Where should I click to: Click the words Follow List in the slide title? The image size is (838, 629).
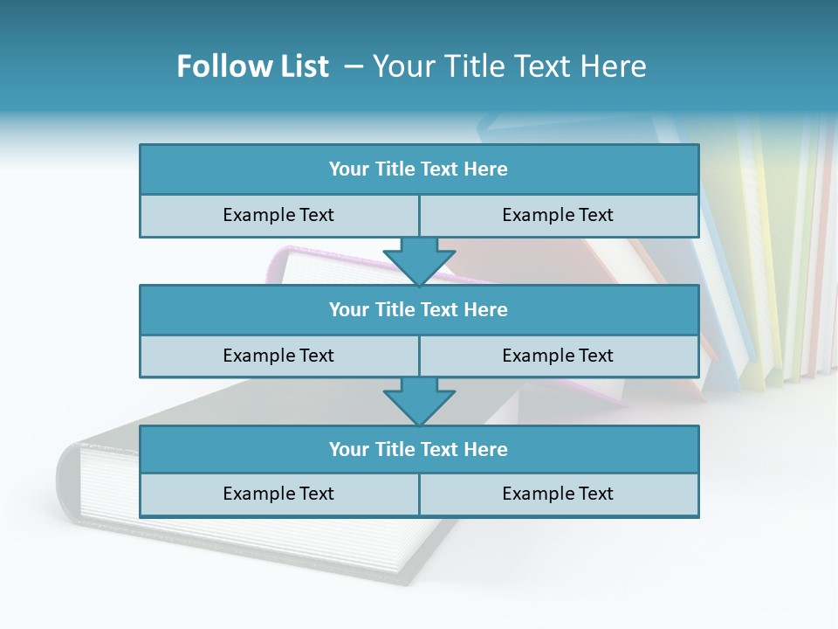(x=252, y=66)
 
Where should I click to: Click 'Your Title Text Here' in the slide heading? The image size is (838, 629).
(x=509, y=66)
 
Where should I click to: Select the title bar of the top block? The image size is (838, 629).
(x=419, y=169)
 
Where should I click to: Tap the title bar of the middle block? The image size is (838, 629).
(x=419, y=309)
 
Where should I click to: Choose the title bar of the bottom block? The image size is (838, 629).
(x=419, y=449)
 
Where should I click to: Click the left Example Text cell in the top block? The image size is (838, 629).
(x=278, y=215)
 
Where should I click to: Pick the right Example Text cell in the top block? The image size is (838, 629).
(x=558, y=215)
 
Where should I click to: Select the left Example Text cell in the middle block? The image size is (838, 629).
(x=278, y=356)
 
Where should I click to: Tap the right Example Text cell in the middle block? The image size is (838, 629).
(x=558, y=356)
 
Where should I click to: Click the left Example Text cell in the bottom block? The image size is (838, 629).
(x=278, y=494)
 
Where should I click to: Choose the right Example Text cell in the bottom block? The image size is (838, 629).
(x=558, y=494)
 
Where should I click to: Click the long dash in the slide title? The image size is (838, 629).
(x=354, y=66)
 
